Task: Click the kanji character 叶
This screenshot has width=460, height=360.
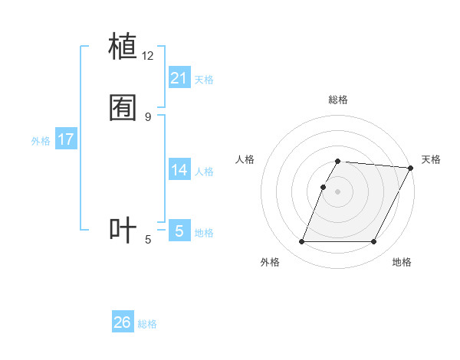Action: point(123,230)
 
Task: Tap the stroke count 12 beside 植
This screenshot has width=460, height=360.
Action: point(148,56)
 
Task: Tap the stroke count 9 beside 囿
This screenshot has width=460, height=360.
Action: point(148,116)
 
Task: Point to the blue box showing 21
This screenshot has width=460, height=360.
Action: point(179,78)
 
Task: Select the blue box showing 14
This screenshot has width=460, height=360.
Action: point(179,170)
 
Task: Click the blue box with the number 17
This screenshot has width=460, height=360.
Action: point(66,139)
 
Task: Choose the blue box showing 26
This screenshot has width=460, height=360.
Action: point(123,322)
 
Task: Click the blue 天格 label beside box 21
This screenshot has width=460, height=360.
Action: point(204,80)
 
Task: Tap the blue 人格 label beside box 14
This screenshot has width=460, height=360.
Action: point(204,172)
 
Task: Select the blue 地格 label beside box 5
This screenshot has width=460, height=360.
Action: point(204,233)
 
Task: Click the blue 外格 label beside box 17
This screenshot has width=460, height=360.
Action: point(41,141)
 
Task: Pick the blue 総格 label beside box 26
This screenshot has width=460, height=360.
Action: point(147,324)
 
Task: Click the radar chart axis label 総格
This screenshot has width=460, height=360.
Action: point(338,100)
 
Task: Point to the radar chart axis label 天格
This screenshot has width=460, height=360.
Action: point(431,159)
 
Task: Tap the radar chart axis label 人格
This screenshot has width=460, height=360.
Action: point(245,159)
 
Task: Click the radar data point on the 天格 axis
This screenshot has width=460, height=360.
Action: point(411,168)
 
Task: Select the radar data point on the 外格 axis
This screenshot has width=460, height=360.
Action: point(302,242)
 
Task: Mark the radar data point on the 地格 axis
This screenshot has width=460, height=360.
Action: point(374,242)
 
